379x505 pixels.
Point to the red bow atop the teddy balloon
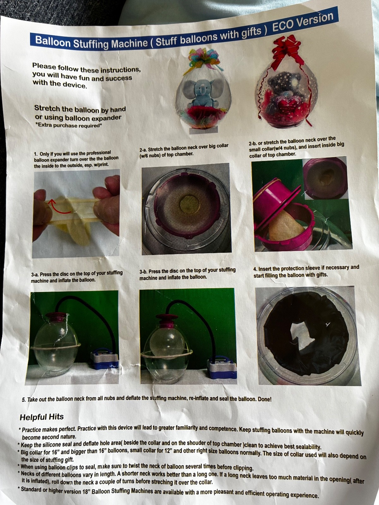coord(286,51)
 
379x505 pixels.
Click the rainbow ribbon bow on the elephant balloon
coord(204,60)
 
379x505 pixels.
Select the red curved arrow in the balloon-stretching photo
coord(61,207)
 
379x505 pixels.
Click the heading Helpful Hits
coord(42,417)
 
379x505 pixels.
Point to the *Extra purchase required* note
coord(68,126)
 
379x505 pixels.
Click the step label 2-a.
coord(143,150)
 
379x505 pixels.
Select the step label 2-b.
coord(253,143)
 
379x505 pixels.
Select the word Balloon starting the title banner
coord(53,42)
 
